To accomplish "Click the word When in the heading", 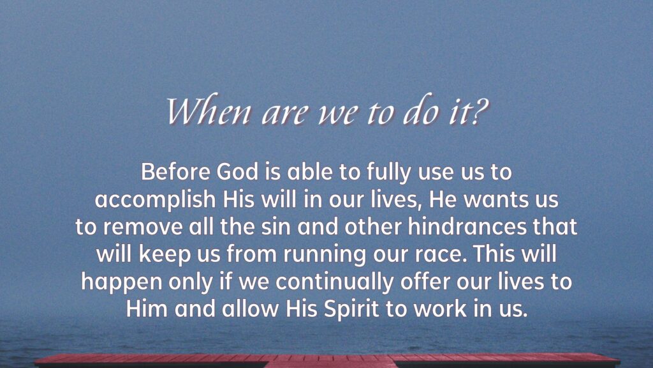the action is tap(209, 111).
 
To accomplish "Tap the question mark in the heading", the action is tap(480, 111).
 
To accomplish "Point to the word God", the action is tap(237, 171).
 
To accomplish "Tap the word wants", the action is tap(490, 200).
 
